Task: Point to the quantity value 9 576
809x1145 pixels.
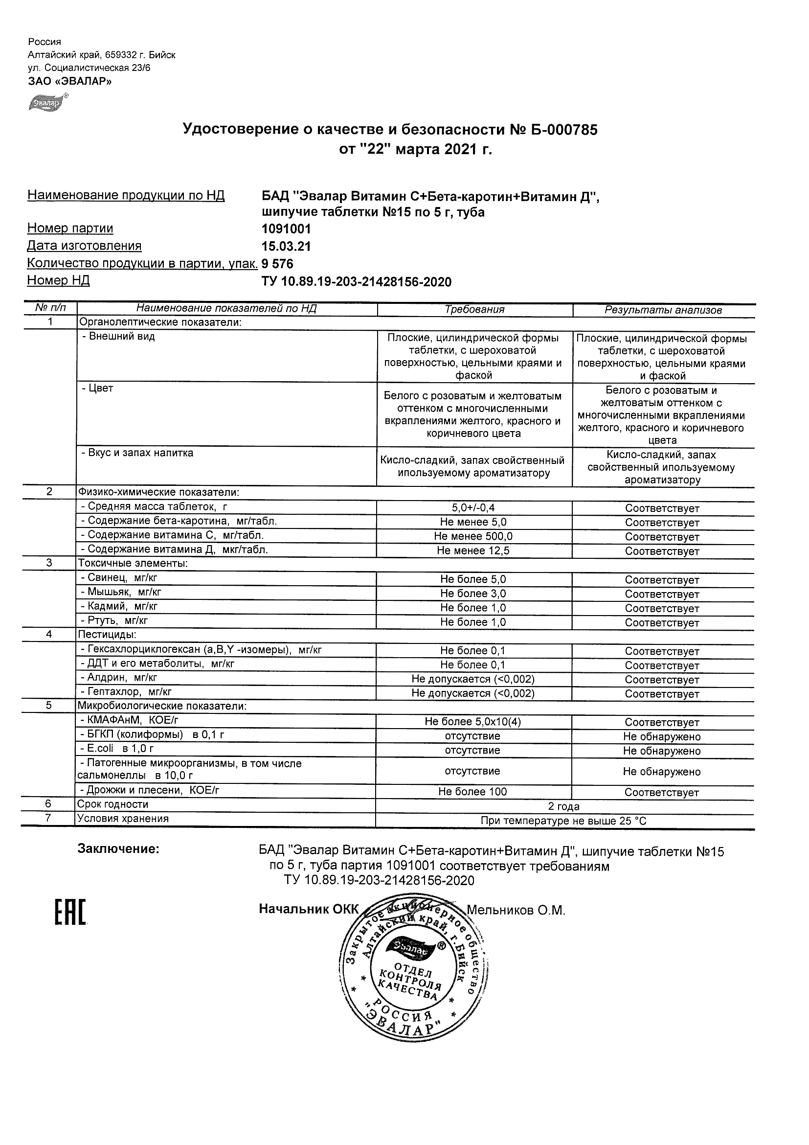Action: [278, 264]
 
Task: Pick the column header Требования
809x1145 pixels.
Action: [474, 310]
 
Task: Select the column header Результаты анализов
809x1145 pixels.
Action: [663, 310]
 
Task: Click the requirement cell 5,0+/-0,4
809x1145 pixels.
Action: [473, 508]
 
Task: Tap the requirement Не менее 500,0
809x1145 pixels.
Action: [473, 537]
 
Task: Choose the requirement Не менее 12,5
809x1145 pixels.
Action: [473, 551]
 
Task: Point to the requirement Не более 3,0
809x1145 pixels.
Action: [473, 594]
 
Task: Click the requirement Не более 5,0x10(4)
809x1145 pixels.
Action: [473, 722]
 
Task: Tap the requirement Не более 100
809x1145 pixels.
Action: [472, 792]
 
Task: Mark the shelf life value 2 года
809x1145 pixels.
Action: [564, 806]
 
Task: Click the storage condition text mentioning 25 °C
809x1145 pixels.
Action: [563, 821]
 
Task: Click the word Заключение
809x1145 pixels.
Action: [118, 849]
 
